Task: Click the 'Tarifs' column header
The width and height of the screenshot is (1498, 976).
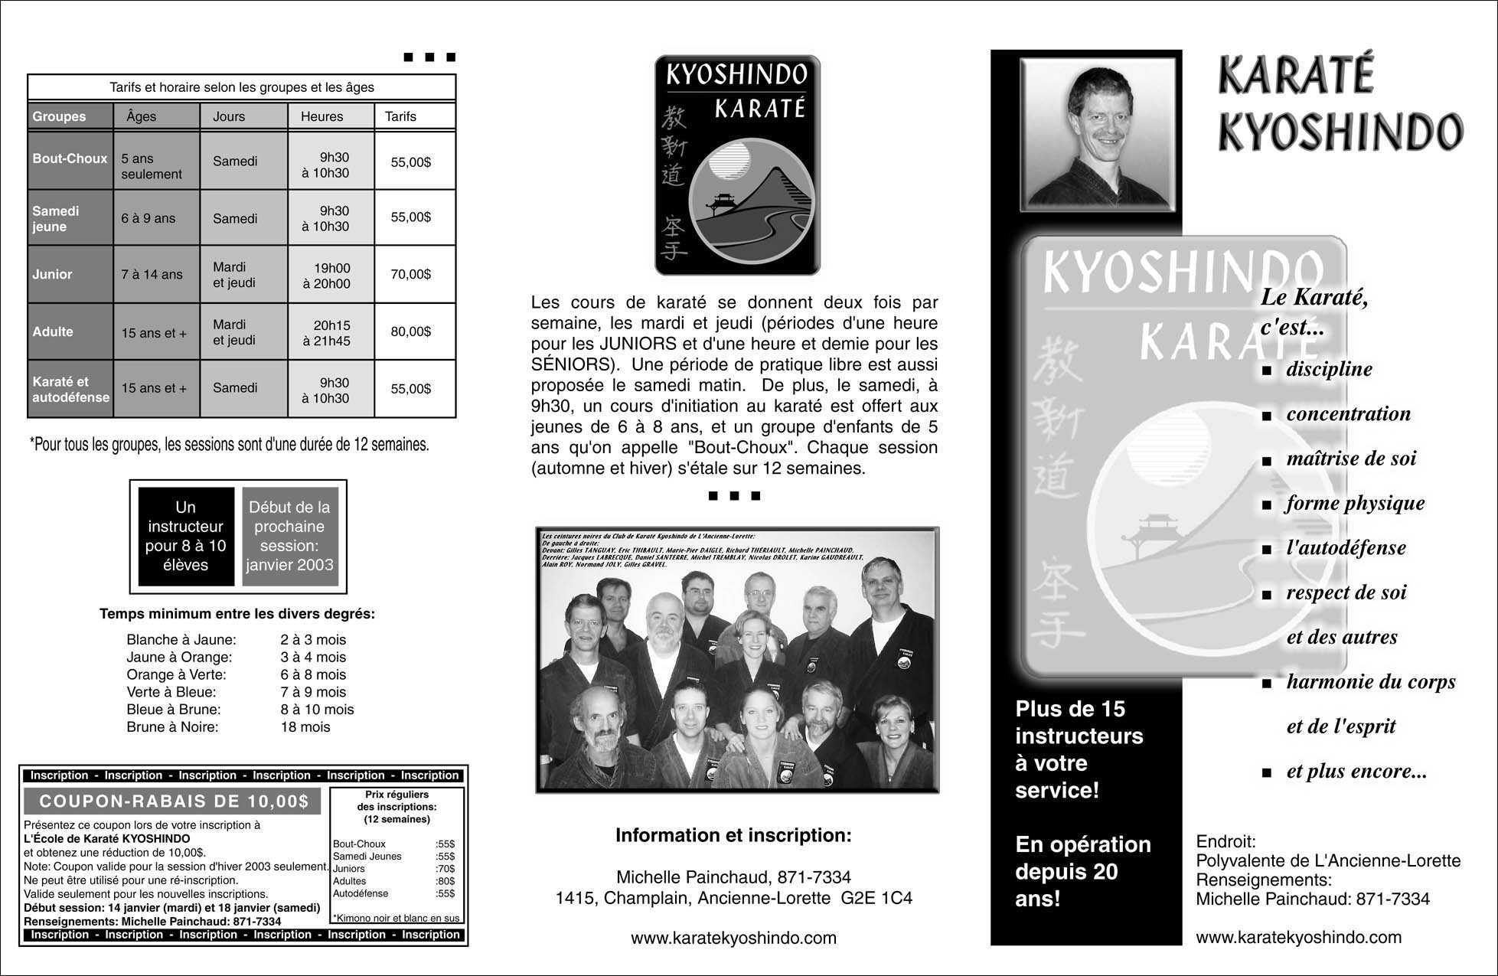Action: click(x=401, y=116)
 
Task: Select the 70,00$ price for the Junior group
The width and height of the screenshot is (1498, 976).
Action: click(x=411, y=274)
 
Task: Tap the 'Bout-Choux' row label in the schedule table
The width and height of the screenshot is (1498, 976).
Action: click(x=70, y=159)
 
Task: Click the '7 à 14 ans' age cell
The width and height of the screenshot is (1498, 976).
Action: click(x=152, y=274)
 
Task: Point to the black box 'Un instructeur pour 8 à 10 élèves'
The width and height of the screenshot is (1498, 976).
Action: click(x=186, y=536)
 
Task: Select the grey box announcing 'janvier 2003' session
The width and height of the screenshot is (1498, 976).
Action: click(x=289, y=536)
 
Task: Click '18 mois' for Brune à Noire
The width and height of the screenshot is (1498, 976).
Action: click(x=305, y=727)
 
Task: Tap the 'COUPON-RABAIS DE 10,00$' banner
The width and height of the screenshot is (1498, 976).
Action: click(x=174, y=801)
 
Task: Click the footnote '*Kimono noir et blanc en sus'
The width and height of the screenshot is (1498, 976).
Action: click(x=397, y=918)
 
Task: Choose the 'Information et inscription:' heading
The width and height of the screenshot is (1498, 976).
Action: click(x=733, y=835)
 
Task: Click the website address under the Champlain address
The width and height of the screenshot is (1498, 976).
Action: click(x=733, y=938)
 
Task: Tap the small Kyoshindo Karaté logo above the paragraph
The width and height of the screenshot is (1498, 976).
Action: click(x=737, y=165)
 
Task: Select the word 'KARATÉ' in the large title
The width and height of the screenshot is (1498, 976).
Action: click(x=1295, y=77)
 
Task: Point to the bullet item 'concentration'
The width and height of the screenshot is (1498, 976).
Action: click(x=1348, y=414)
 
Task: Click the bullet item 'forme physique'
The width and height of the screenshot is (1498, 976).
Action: click(x=1355, y=504)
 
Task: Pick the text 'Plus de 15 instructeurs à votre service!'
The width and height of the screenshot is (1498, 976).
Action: click(x=1079, y=749)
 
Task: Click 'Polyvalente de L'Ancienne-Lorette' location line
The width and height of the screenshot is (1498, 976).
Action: click(x=1328, y=861)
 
